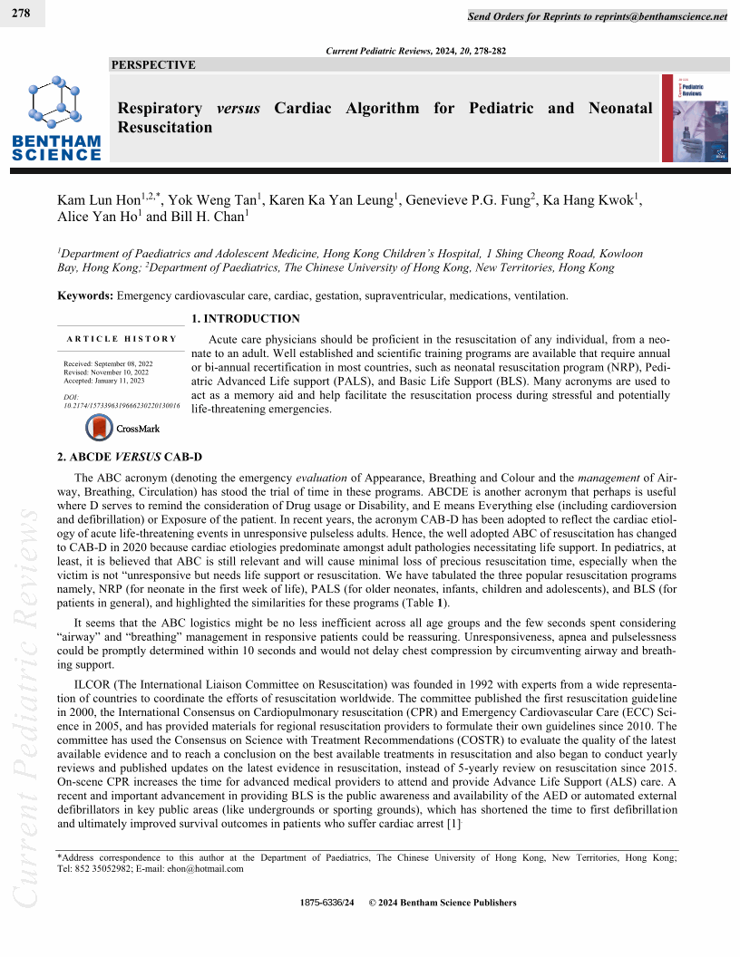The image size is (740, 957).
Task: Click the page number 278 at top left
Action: (17, 14)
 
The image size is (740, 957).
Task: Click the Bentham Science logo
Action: (56, 118)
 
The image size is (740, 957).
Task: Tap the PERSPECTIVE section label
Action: (152, 65)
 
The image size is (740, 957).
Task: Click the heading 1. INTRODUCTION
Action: (245, 319)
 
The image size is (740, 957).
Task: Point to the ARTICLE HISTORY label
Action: (122, 339)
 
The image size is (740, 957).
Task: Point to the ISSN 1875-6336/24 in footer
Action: (327, 903)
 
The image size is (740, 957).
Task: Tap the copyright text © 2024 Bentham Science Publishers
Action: (443, 903)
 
